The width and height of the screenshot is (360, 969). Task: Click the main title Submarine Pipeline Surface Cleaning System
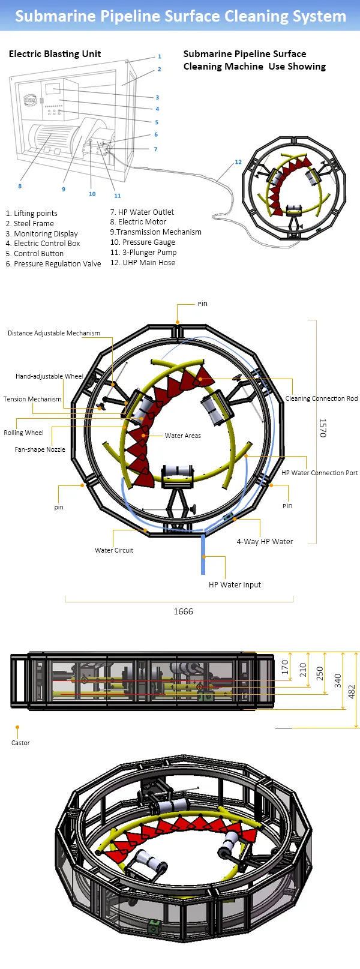[x=180, y=16]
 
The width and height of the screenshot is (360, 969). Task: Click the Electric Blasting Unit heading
[x=55, y=54]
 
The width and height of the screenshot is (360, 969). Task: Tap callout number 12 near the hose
[x=238, y=162]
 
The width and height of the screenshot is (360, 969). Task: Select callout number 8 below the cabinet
[x=20, y=186]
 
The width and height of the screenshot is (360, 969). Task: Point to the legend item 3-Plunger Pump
[x=143, y=253]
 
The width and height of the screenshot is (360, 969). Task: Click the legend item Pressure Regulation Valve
[x=53, y=264]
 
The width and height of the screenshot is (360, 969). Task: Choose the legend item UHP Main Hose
[x=143, y=263]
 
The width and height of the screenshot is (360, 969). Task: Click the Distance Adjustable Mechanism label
[x=54, y=333]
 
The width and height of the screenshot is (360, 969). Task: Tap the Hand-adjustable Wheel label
[x=49, y=376]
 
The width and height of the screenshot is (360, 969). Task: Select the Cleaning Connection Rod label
[x=322, y=398]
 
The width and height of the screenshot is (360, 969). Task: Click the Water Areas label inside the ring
[x=183, y=436]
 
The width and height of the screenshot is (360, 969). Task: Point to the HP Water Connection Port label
[x=320, y=473]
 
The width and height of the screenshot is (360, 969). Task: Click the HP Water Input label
[x=235, y=585]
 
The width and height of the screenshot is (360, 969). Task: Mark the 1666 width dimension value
[x=183, y=611]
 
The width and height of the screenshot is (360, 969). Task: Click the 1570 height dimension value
[x=323, y=428]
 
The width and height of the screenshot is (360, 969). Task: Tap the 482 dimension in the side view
[x=352, y=691]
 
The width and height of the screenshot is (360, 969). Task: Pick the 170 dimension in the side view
[x=285, y=666]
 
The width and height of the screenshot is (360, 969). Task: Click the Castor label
[x=20, y=743]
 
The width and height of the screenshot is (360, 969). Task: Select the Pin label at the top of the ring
[x=202, y=304]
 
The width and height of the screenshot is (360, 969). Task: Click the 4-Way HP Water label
[x=265, y=542]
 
